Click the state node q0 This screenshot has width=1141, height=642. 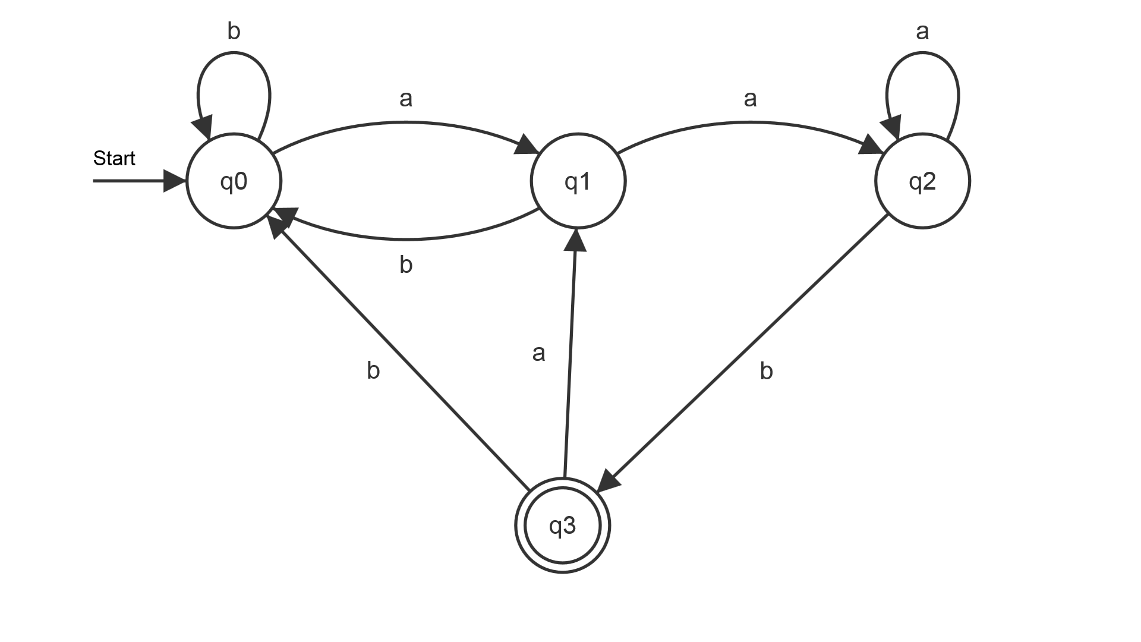point(234,181)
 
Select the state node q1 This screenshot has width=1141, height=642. point(578,181)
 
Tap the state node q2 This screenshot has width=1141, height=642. point(922,181)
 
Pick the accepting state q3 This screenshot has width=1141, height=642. point(562,525)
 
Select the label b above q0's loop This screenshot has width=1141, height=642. point(234,32)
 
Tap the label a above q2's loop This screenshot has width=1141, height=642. point(922,32)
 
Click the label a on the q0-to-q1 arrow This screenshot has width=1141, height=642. point(406,99)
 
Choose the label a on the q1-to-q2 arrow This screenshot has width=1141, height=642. point(750,99)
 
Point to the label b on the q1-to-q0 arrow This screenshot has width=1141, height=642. point(406,265)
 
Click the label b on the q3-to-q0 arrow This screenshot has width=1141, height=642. point(373,371)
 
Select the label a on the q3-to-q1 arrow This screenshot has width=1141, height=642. point(538,354)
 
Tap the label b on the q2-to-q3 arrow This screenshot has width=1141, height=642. point(767,372)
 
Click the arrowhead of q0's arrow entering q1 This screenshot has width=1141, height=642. point(528,145)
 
